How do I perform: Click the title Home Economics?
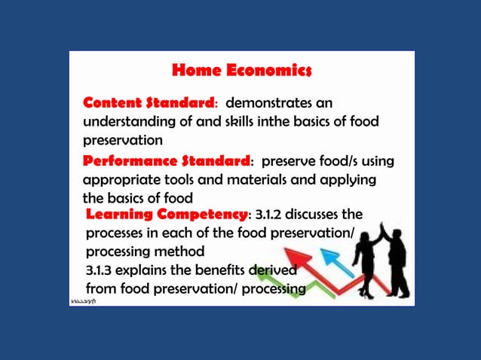[241, 72]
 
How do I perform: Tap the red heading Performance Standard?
[166, 162]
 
